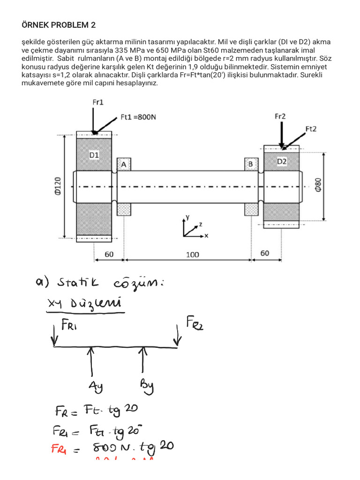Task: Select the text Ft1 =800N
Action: pyautogui.click(x=138, y=117)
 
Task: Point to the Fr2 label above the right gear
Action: pyautogui.click(x=280, y=116)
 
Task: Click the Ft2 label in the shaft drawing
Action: pyautogui.click(x=311, y=128)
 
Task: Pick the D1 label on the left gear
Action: pyautogui.click(x=94, y=154)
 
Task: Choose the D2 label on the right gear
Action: pyautogui.click(x=282, y=161)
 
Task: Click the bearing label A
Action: pyautogui.click(x=124, y=165)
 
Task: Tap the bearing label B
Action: pyautogui.click(x=251, y=164)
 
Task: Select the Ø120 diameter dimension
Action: pyautogui.click(x=58, y=187)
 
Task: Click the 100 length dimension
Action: pyautogui.click(x=192, y=255)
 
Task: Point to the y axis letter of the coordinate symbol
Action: pyautogui.click(x=187, y=217)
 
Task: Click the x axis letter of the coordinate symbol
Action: pyautogui.click(x=206, y=235)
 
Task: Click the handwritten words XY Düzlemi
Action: pyautogui.click(x=84, y=305)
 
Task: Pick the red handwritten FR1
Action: pyautogui.click(x=61, y=449)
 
